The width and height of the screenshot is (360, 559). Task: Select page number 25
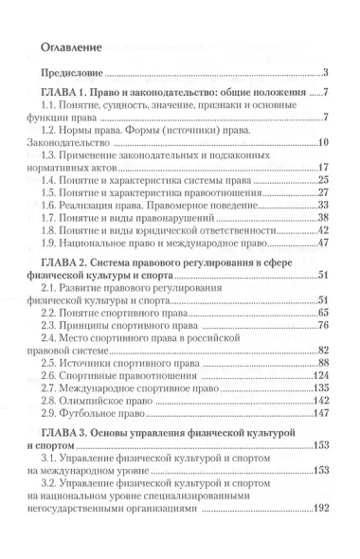321,179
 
